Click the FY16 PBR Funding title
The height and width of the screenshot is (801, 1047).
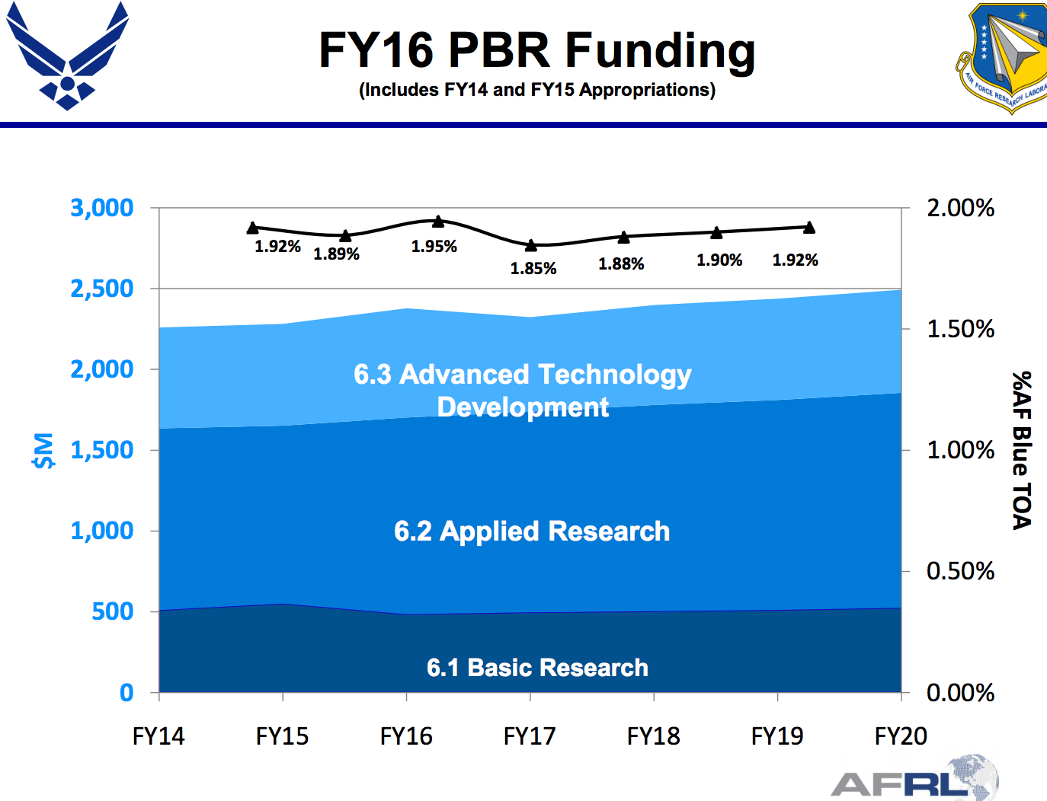point(536,50)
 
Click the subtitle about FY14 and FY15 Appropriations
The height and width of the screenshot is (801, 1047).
point(536,90)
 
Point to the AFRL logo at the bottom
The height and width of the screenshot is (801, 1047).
point(914,780)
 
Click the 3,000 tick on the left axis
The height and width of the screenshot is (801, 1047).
point(101,208)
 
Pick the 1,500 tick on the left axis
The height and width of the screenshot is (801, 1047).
point(101,450)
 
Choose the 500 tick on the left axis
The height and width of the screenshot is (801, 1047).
point(112,611)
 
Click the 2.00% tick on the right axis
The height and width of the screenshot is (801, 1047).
point(960,208)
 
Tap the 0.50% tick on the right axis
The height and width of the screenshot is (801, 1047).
point(960,571)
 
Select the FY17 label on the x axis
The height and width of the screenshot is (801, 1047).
point(530,736)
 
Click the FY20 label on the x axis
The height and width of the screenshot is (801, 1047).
point(901,736)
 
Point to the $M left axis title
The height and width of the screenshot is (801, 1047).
point(43,450)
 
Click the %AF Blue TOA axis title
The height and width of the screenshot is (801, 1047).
point(1022,450)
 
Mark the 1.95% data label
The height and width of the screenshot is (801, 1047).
point(434,247)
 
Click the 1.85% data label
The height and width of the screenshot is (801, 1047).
point(533,269)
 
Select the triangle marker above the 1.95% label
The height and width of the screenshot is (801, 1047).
point(438,222)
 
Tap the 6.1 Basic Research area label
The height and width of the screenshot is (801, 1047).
point(537,668)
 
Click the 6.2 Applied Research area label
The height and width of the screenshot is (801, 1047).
point(532,531)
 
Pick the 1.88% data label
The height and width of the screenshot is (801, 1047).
point(621,264)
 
